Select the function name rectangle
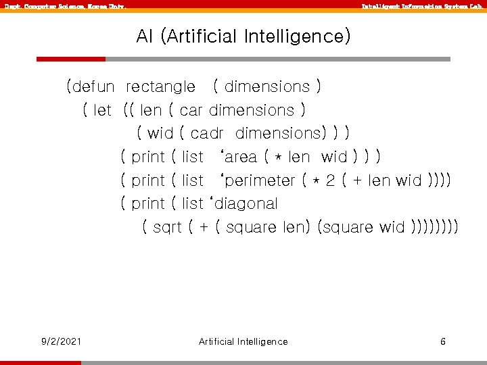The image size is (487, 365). point(160,87)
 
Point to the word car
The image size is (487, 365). point(191,110)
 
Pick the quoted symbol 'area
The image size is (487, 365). point(239,157)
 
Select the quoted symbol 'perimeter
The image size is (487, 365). point(258,180)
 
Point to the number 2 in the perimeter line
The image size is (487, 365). point(331,180)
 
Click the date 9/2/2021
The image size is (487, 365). point(61,341)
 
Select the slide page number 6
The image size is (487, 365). point(443,341)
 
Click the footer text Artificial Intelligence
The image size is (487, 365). point(243,341)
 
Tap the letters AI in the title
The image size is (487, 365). point(145,36)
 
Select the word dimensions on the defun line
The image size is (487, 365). point(266,87)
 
